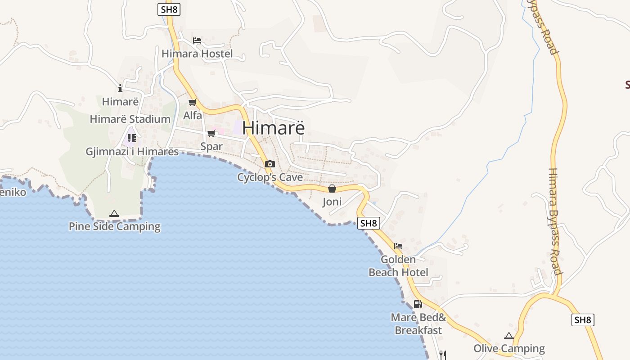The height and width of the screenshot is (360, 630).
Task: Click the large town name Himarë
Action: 274,128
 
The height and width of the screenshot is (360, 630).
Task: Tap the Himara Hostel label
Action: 197,54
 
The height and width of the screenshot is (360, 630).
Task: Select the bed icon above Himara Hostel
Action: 197,40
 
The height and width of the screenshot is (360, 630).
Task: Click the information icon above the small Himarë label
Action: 120,88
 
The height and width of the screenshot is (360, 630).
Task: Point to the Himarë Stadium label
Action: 130,119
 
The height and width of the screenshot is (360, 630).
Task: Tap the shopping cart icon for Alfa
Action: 193,103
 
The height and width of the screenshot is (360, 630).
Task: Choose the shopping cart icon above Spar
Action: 211,134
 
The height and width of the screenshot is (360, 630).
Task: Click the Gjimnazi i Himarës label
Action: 132,152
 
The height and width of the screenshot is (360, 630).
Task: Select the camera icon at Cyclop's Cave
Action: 270,164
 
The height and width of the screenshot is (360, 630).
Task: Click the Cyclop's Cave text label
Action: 270,177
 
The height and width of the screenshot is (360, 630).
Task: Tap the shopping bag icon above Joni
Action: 332,189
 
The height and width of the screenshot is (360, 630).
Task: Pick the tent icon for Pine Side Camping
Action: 114,213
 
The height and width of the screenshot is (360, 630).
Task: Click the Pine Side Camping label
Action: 114,226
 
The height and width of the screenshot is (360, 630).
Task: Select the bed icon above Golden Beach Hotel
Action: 398,246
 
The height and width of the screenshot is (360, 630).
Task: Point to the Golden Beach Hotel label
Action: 398,266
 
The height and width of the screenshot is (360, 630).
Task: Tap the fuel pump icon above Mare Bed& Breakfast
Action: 418,304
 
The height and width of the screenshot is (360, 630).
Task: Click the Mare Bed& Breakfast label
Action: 418,324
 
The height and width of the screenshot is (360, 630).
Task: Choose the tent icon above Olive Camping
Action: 509,336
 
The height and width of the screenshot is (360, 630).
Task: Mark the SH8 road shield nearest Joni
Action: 369,223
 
